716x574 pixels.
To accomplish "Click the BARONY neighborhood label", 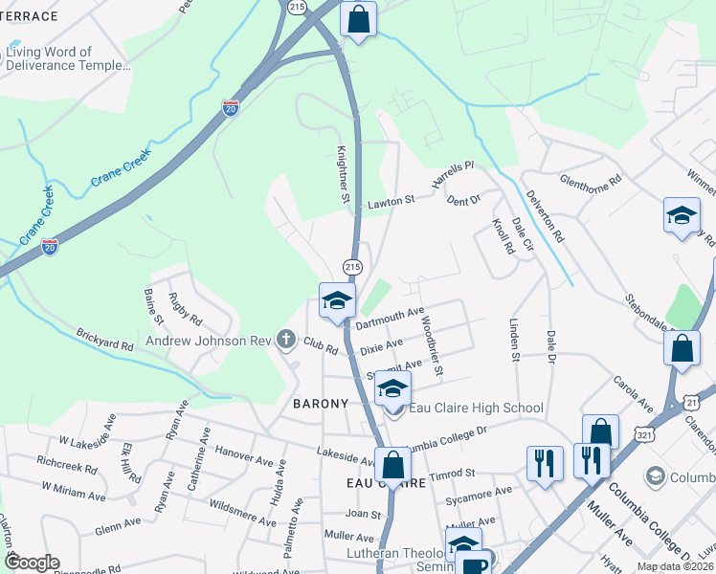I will [320, 404].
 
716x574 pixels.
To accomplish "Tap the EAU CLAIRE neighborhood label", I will [379, 484].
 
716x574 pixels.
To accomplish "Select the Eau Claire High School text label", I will [476, 408].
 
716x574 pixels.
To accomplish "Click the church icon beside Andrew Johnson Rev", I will [284, 340].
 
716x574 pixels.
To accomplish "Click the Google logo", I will [32, 563].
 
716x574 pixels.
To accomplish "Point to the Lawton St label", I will [391, 203].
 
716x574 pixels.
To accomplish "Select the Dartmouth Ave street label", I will [390, 319].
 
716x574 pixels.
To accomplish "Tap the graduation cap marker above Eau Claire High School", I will [392, 388].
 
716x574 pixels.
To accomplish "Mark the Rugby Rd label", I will [187, 306].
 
